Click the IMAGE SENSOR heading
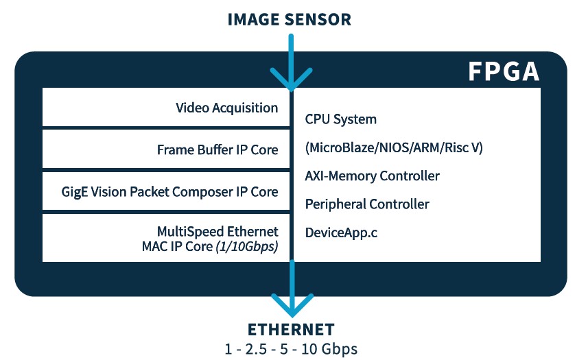point(290,19)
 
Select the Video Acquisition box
point(167,108)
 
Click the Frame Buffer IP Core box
point(167,149)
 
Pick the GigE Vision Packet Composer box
point(167,192)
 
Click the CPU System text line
point(341,119)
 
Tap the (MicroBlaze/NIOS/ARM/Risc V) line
point(394,148)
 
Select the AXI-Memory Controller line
point(372,176)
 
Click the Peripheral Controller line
point(367,204)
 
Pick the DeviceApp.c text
point(341,233)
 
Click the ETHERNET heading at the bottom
point(291,329)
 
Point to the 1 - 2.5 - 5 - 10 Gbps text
point(291,349)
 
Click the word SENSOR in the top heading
point(318,19)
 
